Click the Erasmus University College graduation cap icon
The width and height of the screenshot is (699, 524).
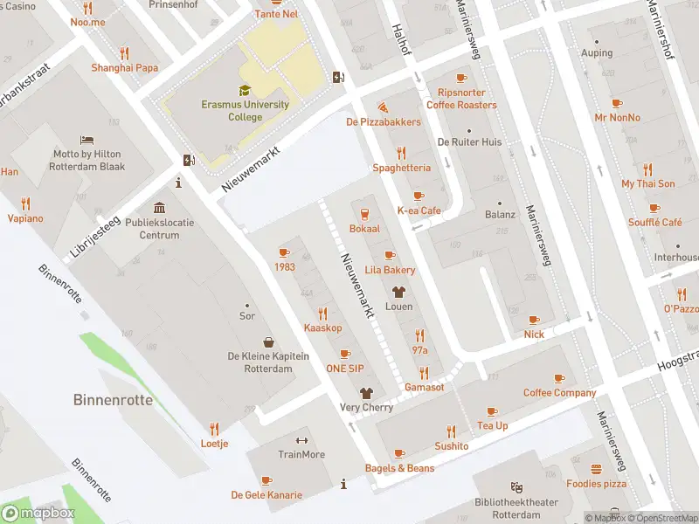click(245, 90)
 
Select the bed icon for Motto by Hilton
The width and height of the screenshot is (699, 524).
click(87, 140)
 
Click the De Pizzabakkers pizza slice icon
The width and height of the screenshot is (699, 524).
click(383, 107)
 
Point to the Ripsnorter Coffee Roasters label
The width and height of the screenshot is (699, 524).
click(461, 99)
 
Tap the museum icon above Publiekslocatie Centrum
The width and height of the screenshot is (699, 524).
click(159, 208)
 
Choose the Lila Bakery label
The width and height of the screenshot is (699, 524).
click(390, 270)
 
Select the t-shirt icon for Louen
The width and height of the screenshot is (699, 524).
click(399, 293)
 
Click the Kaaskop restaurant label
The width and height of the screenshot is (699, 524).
click(322, 327)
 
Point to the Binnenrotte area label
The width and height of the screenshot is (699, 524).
click(113, 400)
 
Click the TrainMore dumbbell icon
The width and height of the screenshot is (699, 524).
click(301, 440)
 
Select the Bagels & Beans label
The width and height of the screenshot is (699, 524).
click(399, 468)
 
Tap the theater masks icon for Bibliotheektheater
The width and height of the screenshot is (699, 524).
click(516, 487)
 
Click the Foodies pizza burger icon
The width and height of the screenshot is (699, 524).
click(596, 469)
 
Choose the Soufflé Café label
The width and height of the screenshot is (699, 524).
click(654, 223)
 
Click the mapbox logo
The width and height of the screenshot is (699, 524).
click(38, 514)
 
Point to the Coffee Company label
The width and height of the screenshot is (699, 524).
click(559, 393)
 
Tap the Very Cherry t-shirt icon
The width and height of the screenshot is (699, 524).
click(366, 393)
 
